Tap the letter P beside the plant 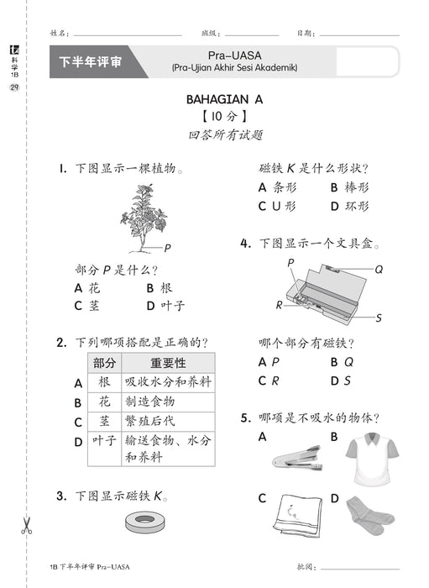point(168,248)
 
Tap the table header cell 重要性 point(167,363)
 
